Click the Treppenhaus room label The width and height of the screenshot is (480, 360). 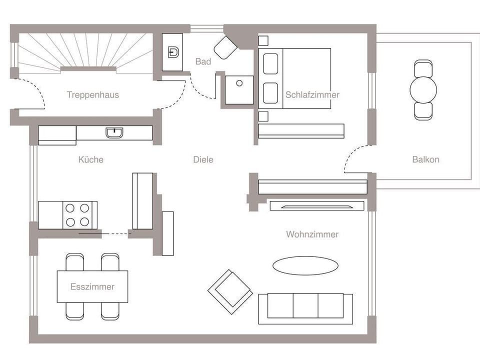93,95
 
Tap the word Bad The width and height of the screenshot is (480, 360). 203,61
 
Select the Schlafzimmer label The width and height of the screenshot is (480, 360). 312,95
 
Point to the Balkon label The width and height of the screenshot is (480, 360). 426,159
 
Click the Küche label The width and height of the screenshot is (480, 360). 91,159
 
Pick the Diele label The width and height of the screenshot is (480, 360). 203,159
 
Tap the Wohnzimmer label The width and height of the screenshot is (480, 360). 312,234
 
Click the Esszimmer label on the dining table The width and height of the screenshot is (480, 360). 92,287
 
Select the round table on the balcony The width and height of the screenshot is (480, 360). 423,90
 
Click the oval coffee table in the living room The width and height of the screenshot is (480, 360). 305,265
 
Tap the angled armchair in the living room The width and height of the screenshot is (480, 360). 230,291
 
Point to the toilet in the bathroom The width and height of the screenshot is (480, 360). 225,47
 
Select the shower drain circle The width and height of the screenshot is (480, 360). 239,83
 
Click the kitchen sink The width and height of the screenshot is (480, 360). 114,133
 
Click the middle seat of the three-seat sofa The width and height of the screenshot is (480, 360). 305,305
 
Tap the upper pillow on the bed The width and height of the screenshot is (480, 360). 270,64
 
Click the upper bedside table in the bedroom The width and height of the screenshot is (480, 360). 263,40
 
